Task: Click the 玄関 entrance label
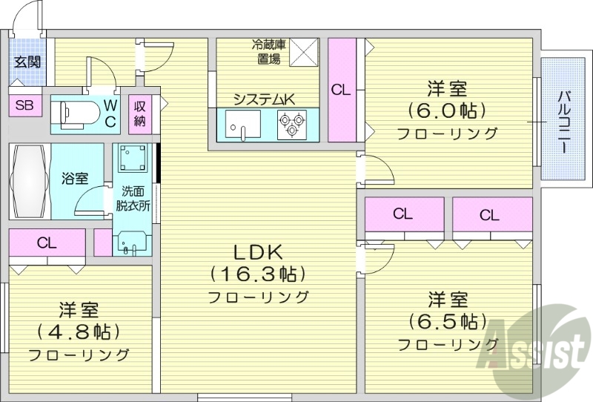pos(27,62)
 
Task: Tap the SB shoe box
pos(24,105)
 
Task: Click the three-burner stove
pos(291,124)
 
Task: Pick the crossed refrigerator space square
pos(303,52)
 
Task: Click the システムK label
pos(265,99)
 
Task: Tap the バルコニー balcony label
pos(564,119)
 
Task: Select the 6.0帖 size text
pos(448,111)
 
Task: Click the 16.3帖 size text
pos(258,274)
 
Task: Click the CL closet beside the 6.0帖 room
pos(341,90)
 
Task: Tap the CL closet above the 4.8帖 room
pos(47,243)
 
